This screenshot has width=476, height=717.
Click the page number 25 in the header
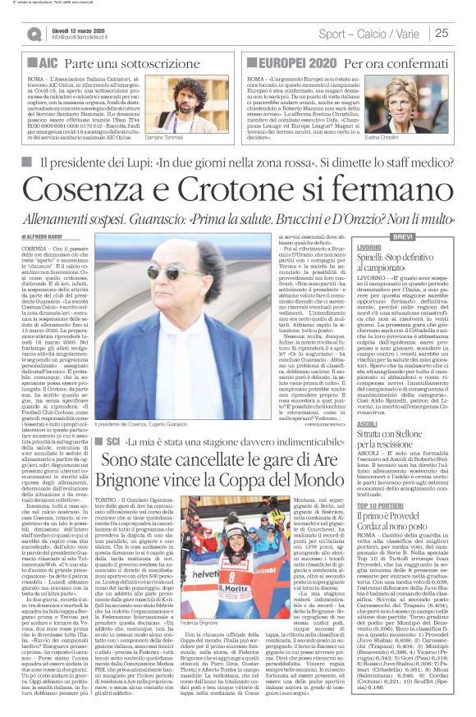[x=442, y=33]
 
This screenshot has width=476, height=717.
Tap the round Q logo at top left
[x=34, y=34]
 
